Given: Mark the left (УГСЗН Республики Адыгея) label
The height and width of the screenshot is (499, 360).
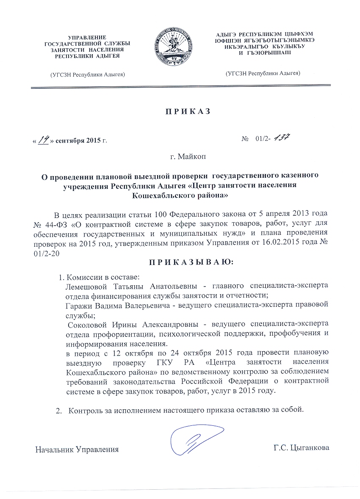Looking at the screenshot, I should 87,75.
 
